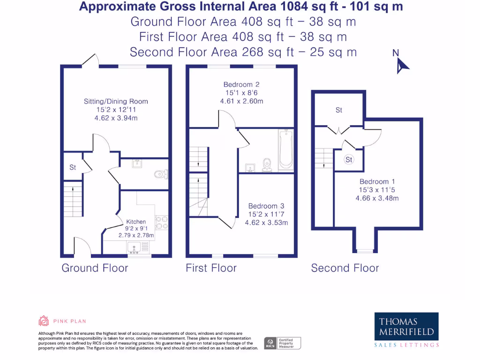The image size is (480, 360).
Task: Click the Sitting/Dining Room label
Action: (116, 101)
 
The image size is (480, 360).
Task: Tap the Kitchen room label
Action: (136, 222)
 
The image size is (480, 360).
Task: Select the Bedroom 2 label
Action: (241, 84)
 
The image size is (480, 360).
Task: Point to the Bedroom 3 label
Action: (266, 206)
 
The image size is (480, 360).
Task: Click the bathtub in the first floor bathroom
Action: (285, 150)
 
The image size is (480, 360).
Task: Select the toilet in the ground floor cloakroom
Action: (160, 174)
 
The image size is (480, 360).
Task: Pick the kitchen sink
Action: (134, 247)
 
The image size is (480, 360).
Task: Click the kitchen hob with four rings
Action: (162, 222)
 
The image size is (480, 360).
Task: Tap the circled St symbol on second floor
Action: (349, 160)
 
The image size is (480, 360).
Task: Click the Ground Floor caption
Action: (95, 268)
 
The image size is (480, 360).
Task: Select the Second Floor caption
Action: (345, 268)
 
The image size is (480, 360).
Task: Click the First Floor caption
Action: (211, 268)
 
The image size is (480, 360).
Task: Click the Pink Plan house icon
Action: (44, 321)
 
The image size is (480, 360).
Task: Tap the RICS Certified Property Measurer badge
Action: (282, 343)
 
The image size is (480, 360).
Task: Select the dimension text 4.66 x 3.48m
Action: (377, 198)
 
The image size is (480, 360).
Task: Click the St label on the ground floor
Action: (73, 167)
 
